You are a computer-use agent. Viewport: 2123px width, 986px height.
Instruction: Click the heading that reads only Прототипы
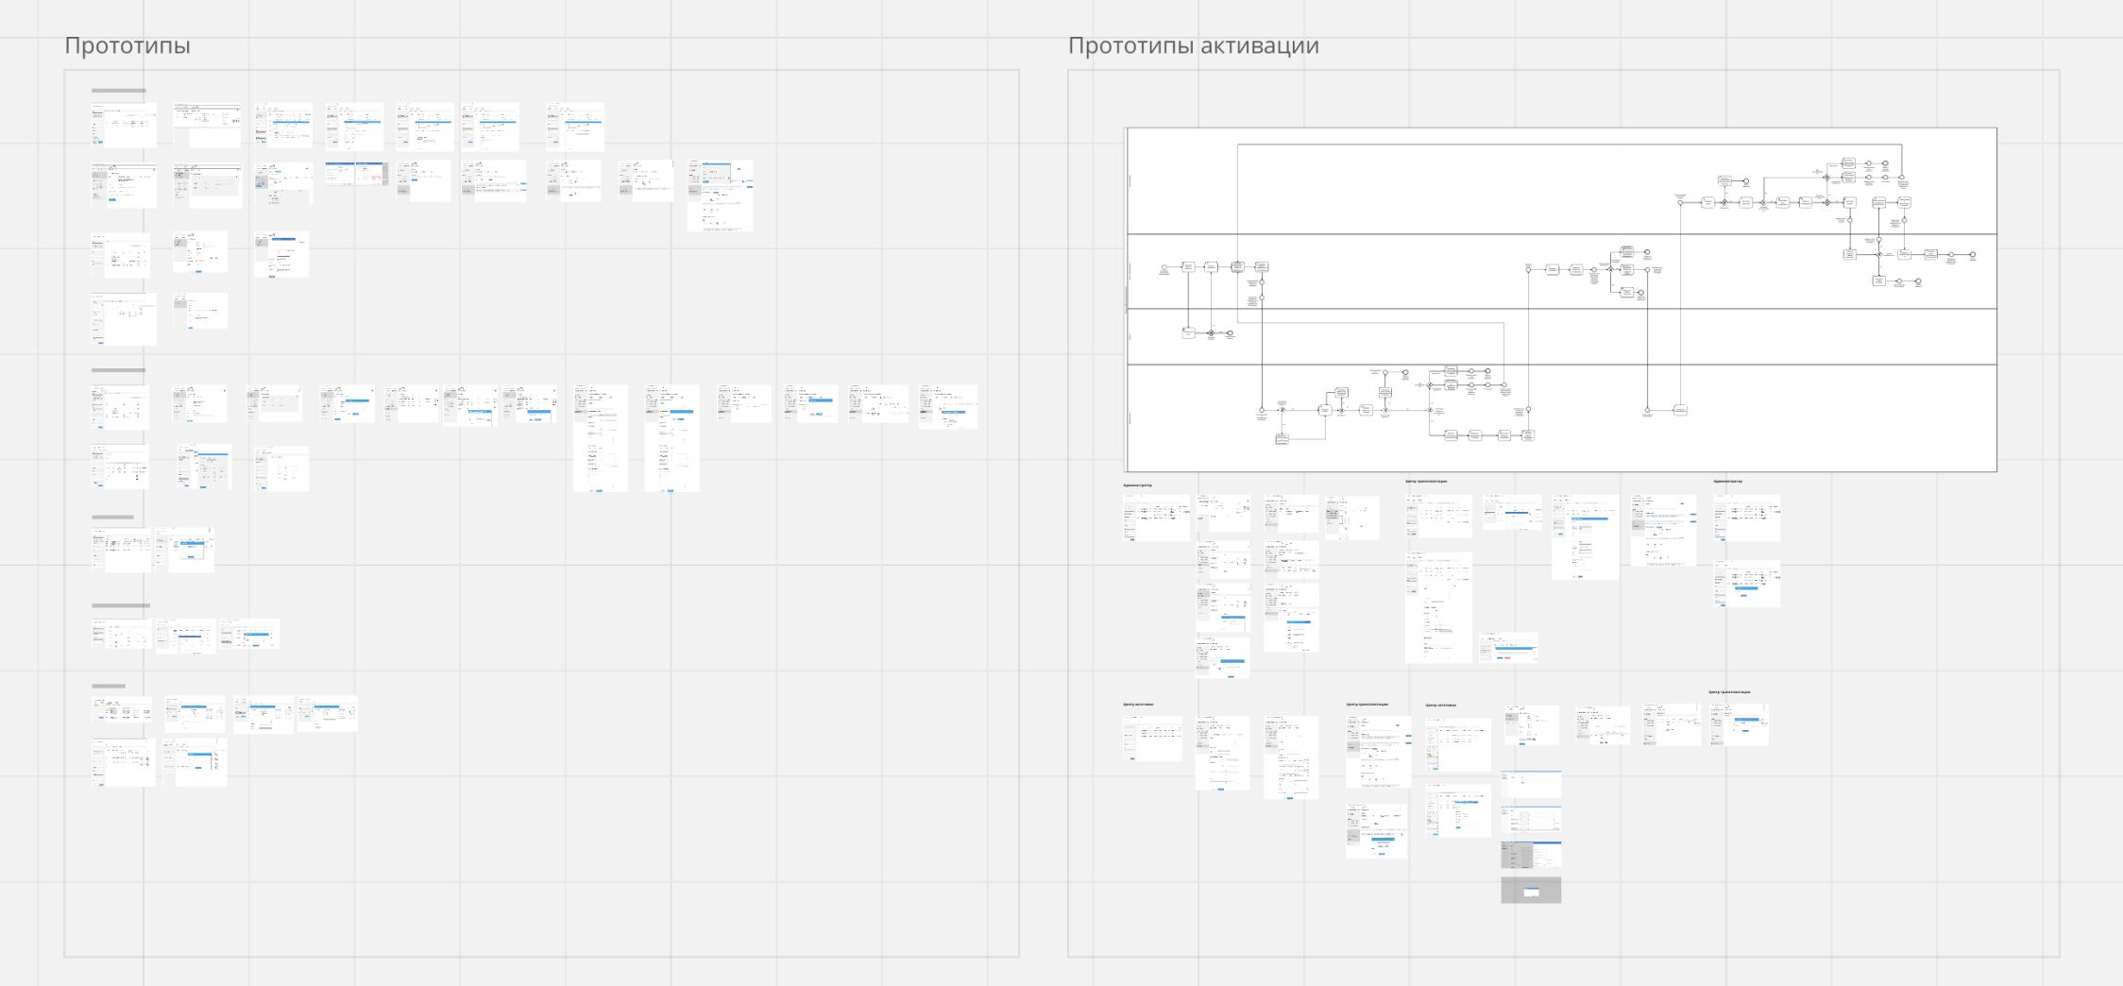[127, 45]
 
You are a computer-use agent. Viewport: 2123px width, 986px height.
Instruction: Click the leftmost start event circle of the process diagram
[1164, 267]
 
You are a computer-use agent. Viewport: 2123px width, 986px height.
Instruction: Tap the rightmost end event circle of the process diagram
[1973, 255]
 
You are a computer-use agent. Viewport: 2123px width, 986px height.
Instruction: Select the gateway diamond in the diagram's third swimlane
[1211, 333]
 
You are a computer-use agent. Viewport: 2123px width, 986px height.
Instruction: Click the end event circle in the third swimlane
[1230, 333]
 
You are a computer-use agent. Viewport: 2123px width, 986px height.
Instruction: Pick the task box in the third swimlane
[1189, 332]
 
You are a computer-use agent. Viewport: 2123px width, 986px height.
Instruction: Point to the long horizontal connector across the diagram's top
[1568, 144]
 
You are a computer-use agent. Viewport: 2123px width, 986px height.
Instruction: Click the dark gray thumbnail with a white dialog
[1531, 891]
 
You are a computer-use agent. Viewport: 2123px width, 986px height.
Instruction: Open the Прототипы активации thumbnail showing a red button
[1508, 648]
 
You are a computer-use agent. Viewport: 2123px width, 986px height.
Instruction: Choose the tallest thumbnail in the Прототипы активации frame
[1438, 607]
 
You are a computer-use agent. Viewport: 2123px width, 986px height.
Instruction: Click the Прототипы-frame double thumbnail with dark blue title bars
[356, 173]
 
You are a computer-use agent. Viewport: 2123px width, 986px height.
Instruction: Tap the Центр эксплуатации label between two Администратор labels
[1426, 482]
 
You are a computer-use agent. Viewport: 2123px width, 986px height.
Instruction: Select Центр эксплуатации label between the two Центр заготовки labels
[1367, 705]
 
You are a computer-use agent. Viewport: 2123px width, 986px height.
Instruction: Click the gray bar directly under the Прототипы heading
[119, 91]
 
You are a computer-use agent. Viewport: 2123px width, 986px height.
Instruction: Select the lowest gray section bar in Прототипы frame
[109, 687]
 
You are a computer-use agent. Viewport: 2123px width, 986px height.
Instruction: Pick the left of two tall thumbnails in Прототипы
[601, 438]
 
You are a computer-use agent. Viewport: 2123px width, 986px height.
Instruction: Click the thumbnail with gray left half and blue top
[1531, 855]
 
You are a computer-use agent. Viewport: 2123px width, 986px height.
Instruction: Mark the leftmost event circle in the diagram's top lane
[1680, 202]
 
